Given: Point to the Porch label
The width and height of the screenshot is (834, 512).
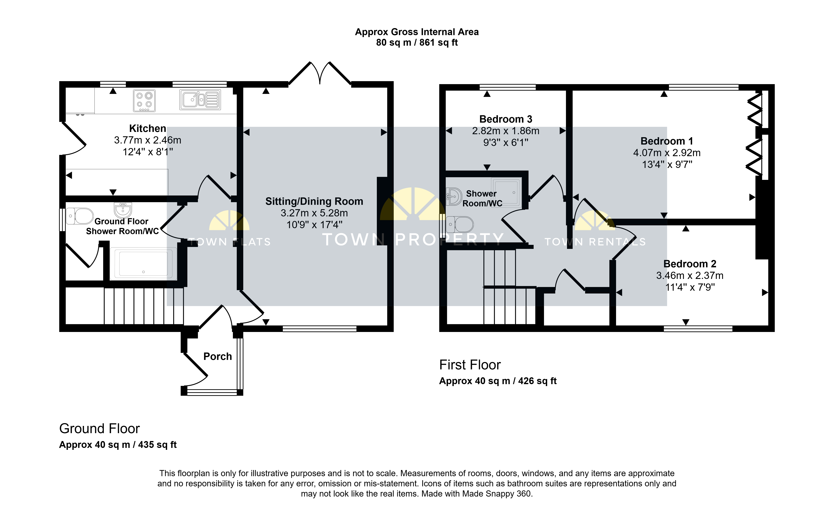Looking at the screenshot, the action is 217,357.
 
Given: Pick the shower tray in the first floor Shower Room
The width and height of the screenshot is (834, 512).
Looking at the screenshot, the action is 506,192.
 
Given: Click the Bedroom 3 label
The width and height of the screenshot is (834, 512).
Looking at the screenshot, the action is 506,119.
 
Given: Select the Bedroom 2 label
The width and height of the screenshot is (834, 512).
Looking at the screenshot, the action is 690,264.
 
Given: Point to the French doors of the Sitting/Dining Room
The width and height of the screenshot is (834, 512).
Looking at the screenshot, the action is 320,73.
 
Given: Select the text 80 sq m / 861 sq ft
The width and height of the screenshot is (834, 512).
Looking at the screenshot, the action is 417,43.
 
